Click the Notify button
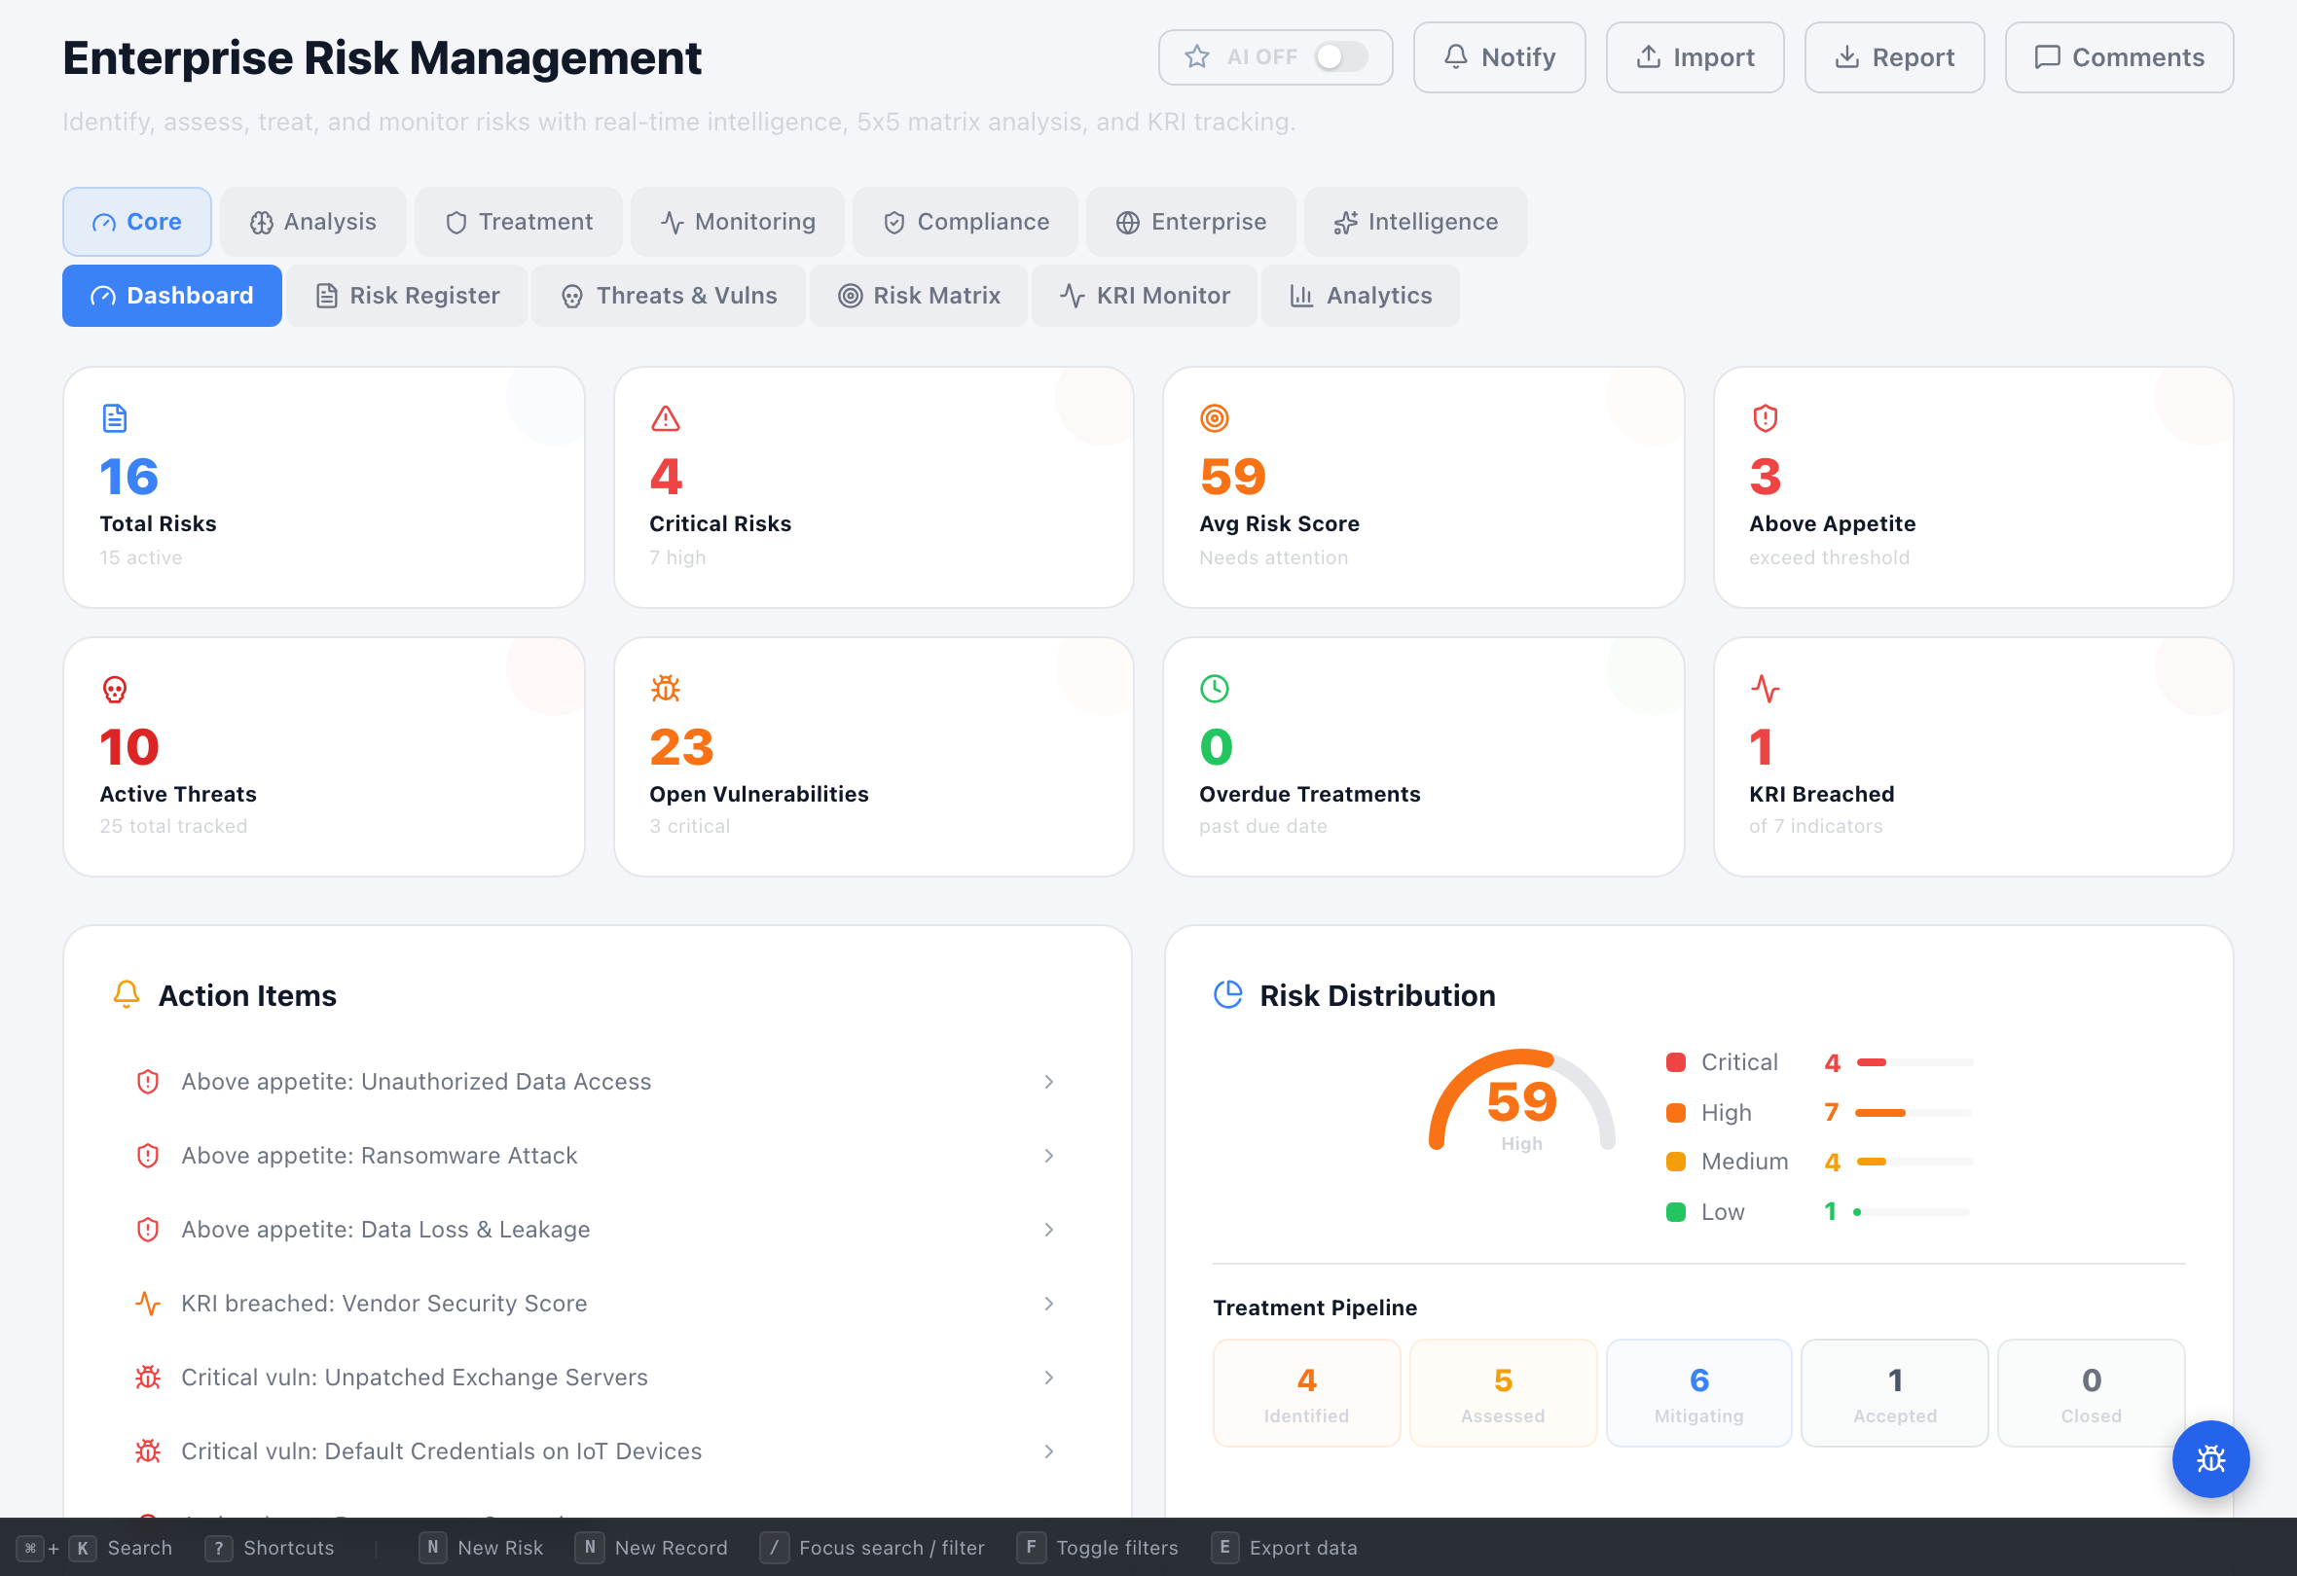(1498, 57)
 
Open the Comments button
(2118, 57)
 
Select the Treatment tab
(519, 223)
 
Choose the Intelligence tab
(1415, 223)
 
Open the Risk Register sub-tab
(407, 296)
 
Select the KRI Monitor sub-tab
(1145, 296)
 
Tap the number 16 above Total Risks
(128, 478)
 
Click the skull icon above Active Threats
(115, 689)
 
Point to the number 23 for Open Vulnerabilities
(681, 747)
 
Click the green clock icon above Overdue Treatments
(1214, 689)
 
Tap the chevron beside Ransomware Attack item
(1048, 1156)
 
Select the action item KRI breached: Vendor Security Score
(383, 1304)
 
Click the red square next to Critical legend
(1675, 1062)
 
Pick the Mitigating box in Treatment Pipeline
(1698, 1393)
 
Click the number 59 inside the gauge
(1521, 1101)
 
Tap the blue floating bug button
(2210, 1458)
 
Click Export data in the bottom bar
(1301, 1548)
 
